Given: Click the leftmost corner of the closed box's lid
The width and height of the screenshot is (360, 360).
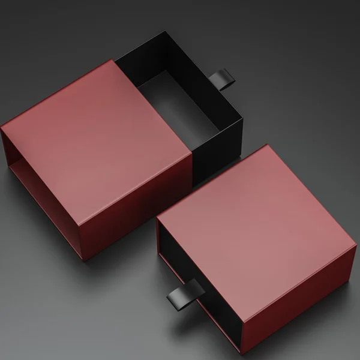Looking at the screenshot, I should [x=157, y=218].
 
